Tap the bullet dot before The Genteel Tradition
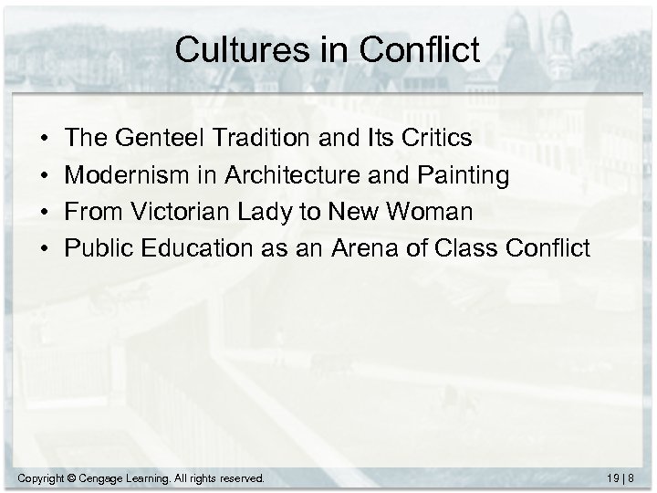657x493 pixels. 45,139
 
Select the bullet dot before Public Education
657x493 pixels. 45,248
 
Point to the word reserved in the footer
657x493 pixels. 240,477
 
